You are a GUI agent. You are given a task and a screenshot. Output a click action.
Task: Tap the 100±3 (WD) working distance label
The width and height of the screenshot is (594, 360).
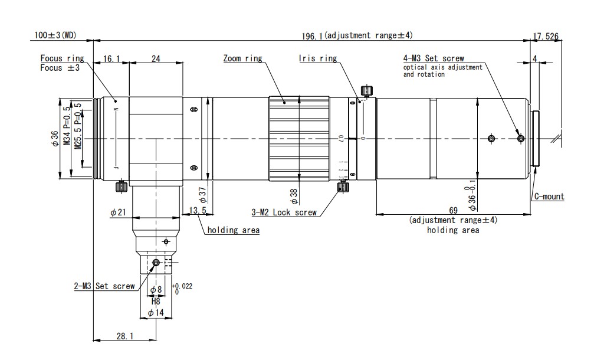click(x=55, y=35)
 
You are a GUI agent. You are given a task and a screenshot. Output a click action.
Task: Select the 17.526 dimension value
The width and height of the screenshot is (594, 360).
click(x=546, y=37)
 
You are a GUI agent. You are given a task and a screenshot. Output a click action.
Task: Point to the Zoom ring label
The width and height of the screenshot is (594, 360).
click(x=242, y=58)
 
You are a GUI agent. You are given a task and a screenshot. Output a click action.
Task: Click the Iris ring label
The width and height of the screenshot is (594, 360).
click(x=317, y=58)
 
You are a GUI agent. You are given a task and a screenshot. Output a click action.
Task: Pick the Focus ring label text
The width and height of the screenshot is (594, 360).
click(x=62, y=58)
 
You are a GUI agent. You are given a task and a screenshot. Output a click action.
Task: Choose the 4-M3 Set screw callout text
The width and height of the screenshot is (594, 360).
click(x=434, y=58)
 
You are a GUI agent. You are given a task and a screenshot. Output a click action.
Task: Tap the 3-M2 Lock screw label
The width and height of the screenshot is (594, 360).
click(x=284, y=212)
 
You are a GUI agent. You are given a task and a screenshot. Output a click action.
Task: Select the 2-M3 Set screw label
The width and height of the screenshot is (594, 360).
click(x=104, y=286)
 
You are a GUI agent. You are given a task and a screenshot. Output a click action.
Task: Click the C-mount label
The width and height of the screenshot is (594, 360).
click(x=549, y=197)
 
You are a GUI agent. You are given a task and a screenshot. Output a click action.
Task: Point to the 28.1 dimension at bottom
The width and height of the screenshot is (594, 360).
click(x=124, y=336)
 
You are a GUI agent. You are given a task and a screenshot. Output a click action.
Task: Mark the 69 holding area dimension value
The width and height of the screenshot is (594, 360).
click(x=454, y=210)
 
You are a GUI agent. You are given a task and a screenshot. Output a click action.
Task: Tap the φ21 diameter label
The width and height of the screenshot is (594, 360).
click(x=118, y=212)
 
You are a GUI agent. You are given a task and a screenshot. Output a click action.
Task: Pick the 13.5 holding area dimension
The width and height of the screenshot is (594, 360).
click(x=197, y=210)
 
